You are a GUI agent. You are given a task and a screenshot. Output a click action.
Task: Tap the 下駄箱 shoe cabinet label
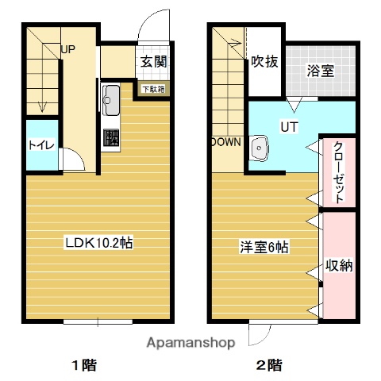coord(153,89)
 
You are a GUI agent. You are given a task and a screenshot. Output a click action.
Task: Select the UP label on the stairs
coord(68,49)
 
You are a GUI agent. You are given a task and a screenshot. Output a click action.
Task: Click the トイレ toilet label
coord(37,145)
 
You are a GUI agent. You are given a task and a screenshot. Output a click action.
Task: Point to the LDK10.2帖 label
coord(98,244)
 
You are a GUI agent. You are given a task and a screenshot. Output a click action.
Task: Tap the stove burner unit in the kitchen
coord(110,137)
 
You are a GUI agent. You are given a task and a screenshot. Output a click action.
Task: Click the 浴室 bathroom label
coord(320,70)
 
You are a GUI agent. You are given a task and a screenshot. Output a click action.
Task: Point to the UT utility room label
coord(286,125)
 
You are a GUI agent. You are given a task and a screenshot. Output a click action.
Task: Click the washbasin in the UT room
coord(259,148)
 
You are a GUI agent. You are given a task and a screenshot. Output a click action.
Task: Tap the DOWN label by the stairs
coord(225,143)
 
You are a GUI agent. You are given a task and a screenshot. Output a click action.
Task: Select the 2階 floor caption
coord(268,366)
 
